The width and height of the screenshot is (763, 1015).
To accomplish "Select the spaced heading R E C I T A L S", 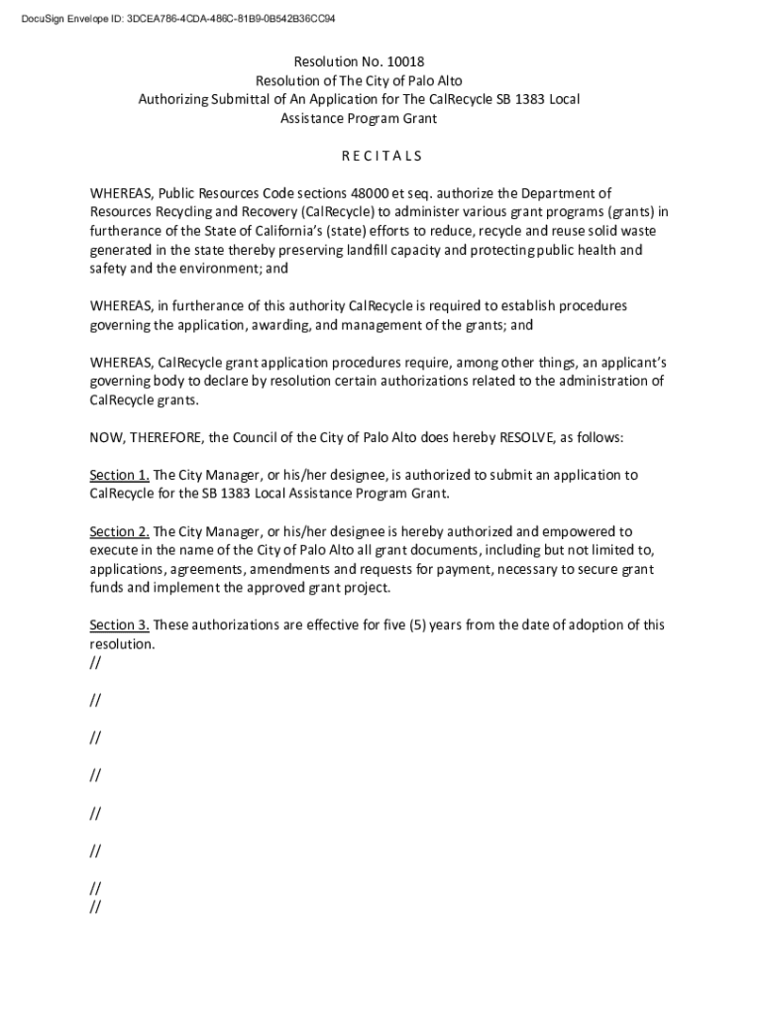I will pyautogui.click(x=381, y=156).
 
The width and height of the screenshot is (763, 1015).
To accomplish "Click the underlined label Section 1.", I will pyautogui.click(x=119, y=475).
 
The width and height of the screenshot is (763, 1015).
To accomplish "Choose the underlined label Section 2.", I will pyautogui.click(x=119, y=531).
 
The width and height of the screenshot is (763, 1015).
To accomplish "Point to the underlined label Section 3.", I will pyautogui.click(x=119, y=625).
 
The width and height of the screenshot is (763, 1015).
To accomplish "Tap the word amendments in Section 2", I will pyautogui.click(x=293, y=569).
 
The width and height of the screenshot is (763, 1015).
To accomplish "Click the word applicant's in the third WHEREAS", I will pyautogui.click(x=630, y=363).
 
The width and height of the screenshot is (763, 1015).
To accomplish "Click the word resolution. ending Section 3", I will pyautogui.click(x=123, y=644).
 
